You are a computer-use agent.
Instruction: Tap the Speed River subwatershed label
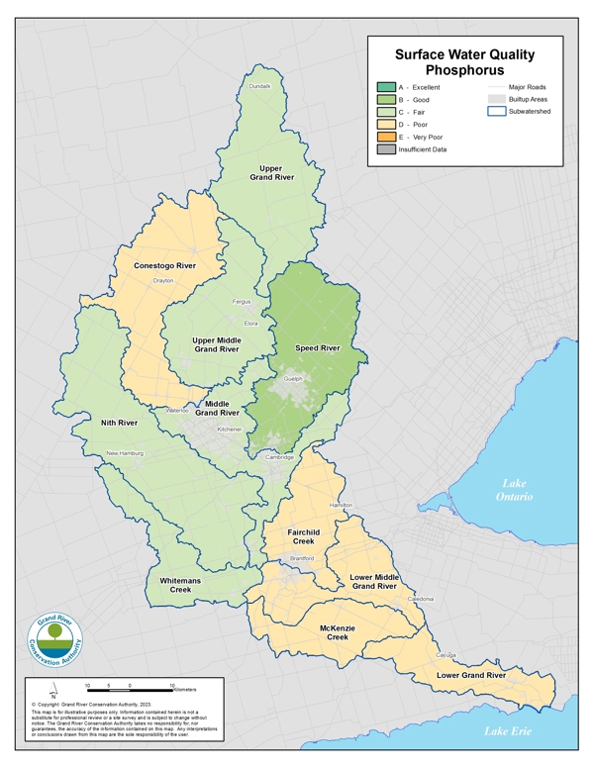pos(318,348)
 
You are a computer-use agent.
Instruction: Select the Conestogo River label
pos(164,265)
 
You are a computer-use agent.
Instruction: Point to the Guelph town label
pos(292,379)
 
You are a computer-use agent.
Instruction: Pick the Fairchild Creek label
pos(303,536)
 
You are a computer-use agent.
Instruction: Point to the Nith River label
pos(120,423)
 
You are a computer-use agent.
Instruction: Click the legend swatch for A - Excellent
pos(386,87)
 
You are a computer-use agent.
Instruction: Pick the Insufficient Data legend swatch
pos(386,149)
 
